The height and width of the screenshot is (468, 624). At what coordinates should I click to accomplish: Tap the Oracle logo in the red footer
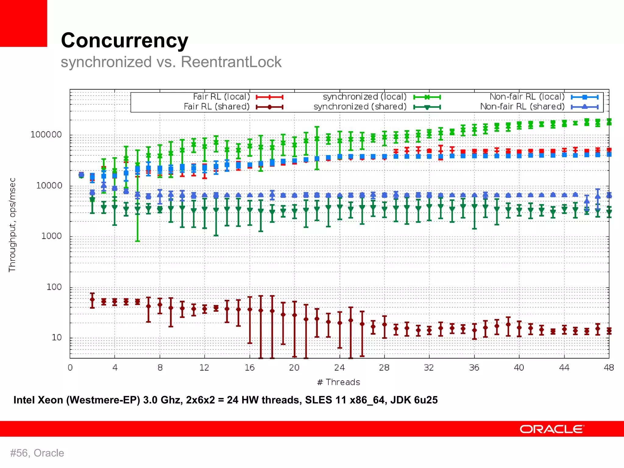[551, 429]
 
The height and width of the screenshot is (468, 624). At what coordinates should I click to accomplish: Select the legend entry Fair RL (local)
[222, 97]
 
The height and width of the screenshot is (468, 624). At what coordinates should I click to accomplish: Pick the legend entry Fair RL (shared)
[217, 107]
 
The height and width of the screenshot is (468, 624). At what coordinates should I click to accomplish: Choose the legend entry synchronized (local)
[365, 97]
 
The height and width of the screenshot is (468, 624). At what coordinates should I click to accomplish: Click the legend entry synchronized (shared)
[360, 107]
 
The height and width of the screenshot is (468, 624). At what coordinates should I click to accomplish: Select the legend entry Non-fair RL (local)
[527, 97]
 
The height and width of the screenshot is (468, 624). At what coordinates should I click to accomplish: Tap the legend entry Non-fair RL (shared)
[522, 107]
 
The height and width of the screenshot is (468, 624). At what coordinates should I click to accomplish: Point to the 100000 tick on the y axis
[46, 135]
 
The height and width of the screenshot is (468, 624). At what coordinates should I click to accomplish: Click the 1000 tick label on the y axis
[51, 236]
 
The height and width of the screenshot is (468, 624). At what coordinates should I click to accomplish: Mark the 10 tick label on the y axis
[57, 338]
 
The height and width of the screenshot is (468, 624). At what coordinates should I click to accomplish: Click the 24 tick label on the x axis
[339, 368]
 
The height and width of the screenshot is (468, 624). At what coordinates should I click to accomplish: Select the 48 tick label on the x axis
[609, 368]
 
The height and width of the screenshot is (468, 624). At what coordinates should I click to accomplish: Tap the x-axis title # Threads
[339, 382]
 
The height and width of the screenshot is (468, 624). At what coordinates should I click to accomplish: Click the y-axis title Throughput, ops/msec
[12, 225]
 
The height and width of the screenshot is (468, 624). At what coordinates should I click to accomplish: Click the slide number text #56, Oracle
[37, 453]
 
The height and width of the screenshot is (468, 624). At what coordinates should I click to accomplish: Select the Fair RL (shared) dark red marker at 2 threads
[92, 300]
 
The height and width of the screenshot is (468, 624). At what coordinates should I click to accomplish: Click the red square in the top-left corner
[23, 23]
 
